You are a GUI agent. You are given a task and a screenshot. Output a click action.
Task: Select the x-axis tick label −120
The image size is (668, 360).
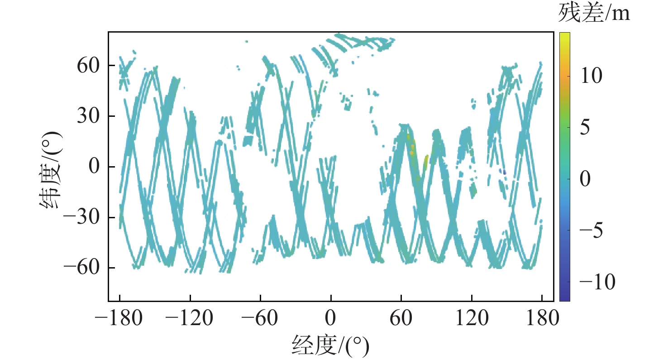190,319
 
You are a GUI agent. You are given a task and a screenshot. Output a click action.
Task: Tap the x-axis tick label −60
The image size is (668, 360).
260,319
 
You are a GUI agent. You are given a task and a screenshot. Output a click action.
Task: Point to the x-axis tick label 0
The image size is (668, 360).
331,319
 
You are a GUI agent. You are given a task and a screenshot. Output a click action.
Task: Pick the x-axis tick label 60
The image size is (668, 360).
401,319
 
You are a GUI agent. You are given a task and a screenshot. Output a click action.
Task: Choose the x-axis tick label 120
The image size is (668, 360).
472,319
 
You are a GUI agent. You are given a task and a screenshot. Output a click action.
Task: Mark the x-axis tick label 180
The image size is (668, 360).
542,319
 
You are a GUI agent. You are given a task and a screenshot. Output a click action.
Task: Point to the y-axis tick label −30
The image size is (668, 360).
81,217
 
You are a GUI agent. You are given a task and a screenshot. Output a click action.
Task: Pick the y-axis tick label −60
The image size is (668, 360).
81,268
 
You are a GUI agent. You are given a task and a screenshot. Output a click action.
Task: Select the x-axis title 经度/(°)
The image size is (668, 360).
331,346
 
